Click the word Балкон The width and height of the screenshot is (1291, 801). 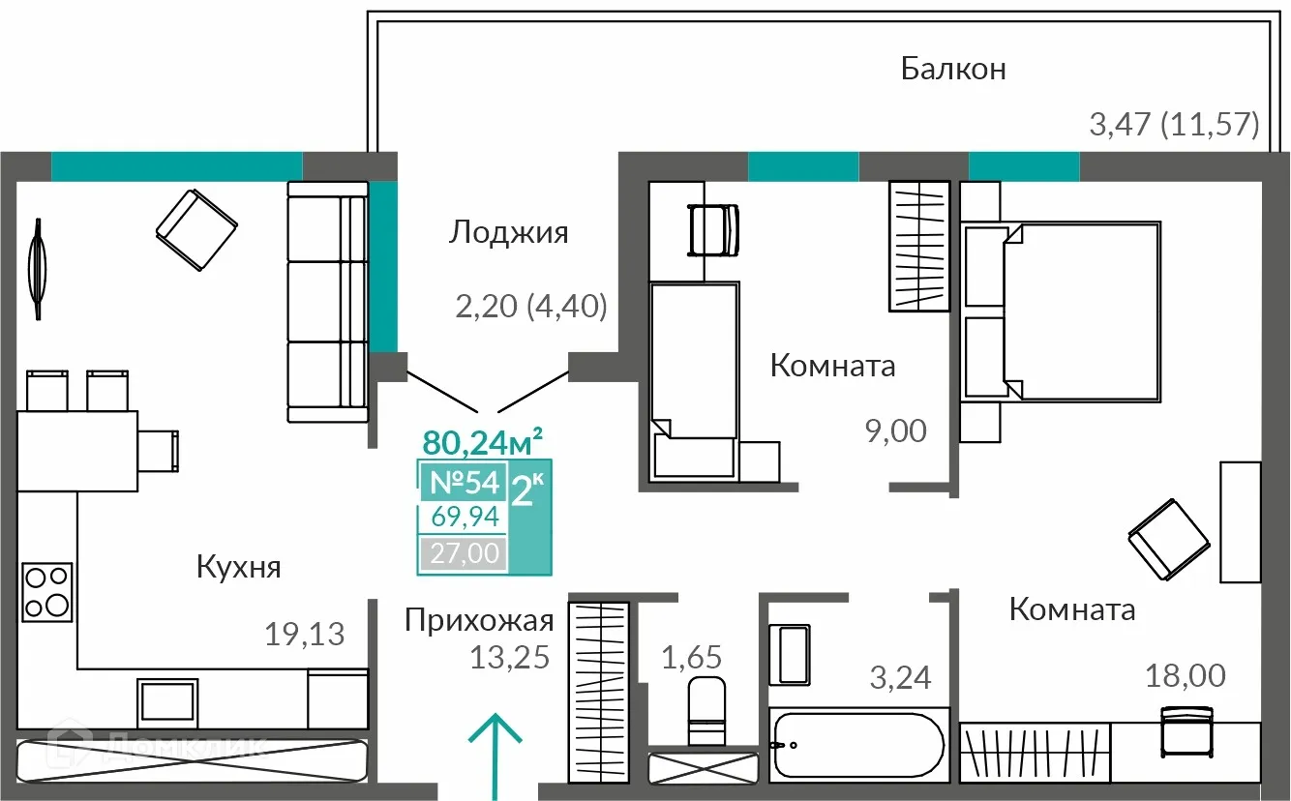(953, 70)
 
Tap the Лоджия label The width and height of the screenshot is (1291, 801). (508, 233)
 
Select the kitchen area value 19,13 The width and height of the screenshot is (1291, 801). (305, 635)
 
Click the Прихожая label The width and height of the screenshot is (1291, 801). (479, 620)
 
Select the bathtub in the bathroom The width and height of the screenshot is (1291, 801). (856, 746)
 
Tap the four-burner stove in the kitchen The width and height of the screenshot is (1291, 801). (46, 591)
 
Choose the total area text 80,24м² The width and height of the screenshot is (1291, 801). (482, 443)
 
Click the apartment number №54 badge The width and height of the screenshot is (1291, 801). (463, 482)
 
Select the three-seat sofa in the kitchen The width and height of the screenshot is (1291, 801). (328, 302)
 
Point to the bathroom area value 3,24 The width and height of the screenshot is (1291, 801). (901, 678)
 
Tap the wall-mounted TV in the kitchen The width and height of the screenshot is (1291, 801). (37, 269)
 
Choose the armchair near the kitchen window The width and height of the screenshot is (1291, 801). (196, 229)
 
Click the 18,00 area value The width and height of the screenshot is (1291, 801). (1184, 675)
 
